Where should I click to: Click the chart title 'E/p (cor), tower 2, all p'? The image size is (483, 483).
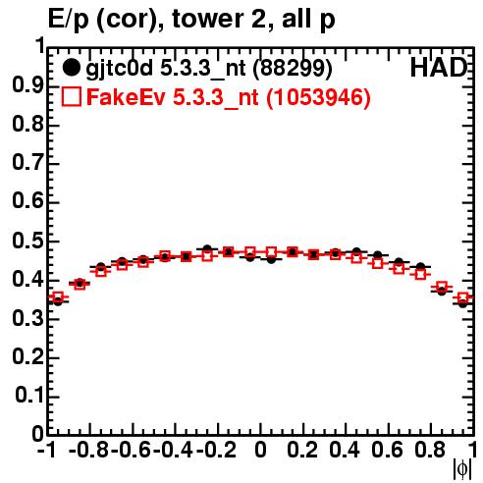pos(191,19)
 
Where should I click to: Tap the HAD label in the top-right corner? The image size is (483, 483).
pos(439,68)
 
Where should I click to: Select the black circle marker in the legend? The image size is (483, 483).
pos(71,68)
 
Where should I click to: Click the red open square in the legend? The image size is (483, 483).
pos(71,96)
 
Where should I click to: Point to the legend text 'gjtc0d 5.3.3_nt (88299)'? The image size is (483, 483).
pos(209,69)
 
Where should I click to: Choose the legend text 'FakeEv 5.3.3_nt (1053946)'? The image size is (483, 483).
pos(229,97)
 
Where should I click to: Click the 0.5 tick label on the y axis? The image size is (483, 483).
pos(27,241)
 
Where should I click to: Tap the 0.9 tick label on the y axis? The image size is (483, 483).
pos(27,85)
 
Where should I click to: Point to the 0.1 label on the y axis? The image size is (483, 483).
pos(29,396)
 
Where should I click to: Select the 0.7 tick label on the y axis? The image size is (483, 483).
pos(27,163)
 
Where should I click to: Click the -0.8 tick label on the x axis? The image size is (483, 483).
pos(88,450)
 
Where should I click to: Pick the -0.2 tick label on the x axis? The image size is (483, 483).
pos(216,450)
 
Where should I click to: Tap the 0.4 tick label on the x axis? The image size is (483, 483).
pos(345,450)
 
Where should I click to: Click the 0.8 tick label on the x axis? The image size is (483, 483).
pos(430,450)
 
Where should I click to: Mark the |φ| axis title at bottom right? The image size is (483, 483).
pos(462,469)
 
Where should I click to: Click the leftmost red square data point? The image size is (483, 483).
pos(58,297)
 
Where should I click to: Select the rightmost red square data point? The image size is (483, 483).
pos(463,298)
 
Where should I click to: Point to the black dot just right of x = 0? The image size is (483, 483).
pos(271,259)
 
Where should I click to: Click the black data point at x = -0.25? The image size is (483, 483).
pos(207,249)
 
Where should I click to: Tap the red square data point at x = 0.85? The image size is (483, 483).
pos(442,287)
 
